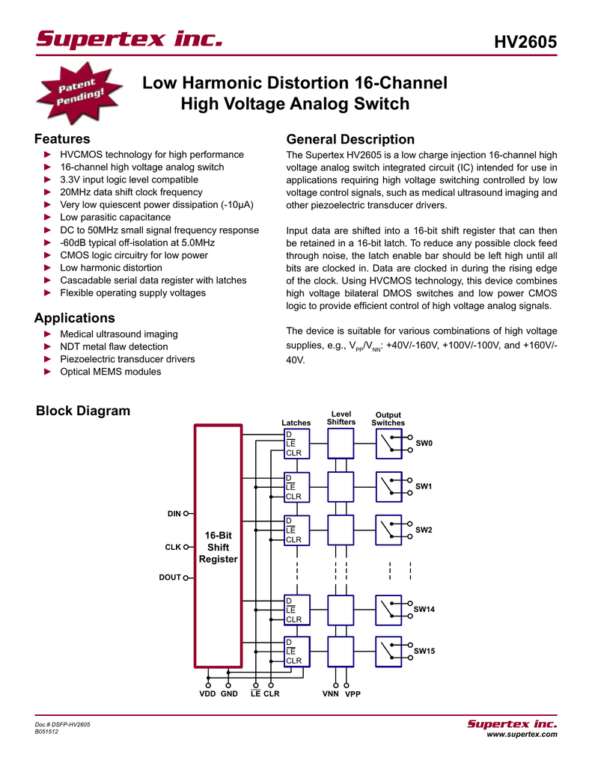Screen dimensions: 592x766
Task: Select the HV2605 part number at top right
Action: pyautogui.click(x=525, y=42)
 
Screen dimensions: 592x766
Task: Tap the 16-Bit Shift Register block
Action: pyautogui.click(x=218, y=545)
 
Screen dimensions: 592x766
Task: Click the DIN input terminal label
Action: pyautogui.click(x=174, y=513)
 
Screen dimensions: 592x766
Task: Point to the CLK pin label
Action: pyautogui.click(x=173, y=547)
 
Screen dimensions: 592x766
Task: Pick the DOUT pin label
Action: pyautogui.click(x=170, y=577)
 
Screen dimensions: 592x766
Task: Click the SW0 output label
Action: pyautogui.click(x=424, y=443)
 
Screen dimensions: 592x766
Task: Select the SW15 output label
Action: pyautogui.click(x=424, y=651)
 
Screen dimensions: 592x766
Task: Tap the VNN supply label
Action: pyautogui.click(x=331, y=693)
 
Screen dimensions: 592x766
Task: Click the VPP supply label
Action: pyautogui.click(x=353, y=693)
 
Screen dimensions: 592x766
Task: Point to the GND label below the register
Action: pyautogui.click(x=229, y=693)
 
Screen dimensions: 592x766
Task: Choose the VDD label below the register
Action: pyautogui.click(x=207, y=693)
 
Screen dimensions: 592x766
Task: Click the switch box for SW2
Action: pyautogui.click(x=388, y=530)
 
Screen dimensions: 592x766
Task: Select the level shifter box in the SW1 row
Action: pyautogui.click(x=341, y=486)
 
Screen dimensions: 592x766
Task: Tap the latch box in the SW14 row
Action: pyautogui.click(x=296, y=610)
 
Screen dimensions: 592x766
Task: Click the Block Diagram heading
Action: pyautogui.click(x=83, y=411)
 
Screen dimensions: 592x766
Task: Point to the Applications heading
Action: pyautogui.click(x=75, y=318)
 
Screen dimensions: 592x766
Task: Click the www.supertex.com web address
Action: pyautogui.click(x=522, y=735)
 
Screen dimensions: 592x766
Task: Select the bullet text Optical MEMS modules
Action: pyautogui.click(x=111, y=372)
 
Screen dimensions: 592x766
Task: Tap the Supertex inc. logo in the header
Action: pyautogui.click(x=129, y=38)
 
